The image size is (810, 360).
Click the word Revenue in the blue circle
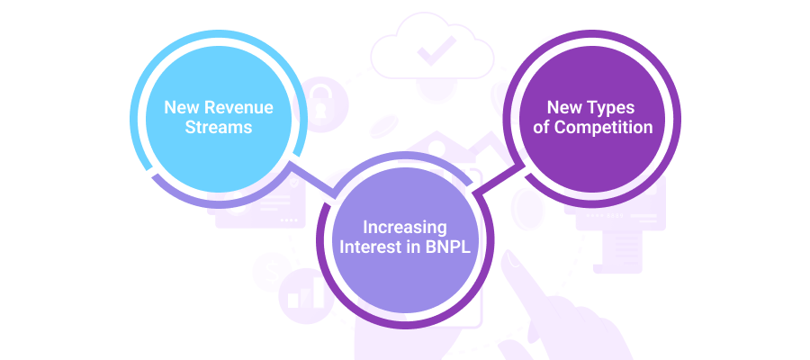click(240, 107)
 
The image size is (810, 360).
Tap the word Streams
click(218, 127)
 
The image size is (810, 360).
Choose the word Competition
click(603, 128)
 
